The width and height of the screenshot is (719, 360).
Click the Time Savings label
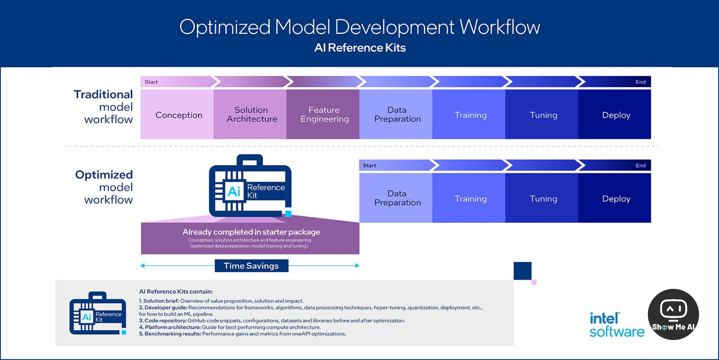coord(251,266)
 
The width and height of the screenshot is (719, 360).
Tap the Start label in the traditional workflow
coord(151,82)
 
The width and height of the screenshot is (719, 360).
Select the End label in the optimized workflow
coord(640,165)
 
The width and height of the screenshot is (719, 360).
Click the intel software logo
coord(617,325)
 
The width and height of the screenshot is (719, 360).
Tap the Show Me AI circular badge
coord(673,314)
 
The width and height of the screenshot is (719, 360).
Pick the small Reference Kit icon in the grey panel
coord(98,314)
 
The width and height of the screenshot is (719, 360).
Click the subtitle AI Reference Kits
coord(360,48)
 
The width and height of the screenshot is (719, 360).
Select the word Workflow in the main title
coord(500,27)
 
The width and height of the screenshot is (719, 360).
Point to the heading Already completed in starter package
coord(251,232)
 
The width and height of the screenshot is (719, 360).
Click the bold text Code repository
coord(165,320)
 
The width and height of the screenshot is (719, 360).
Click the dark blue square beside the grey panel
coord(522,271)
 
